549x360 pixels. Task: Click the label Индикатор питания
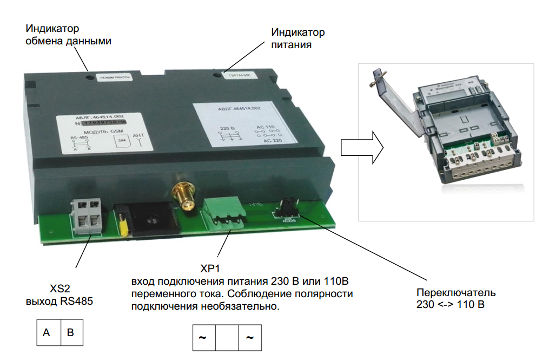(298, 38)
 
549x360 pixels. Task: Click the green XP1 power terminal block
(224, 214)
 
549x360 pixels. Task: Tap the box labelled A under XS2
(48, 333)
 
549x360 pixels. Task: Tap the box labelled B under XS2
(71, 333)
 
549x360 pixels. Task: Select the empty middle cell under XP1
(227, 338)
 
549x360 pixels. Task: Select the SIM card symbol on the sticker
(121, 142)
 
